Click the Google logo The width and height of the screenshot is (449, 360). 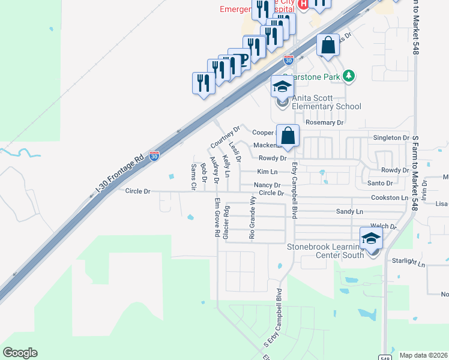[x=20, y=352]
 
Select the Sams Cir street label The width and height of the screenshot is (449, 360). [x=193, y=177]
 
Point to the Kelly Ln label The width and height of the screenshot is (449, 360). [x=226, y=166]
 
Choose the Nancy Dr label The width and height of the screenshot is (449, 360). [x=267, y=185]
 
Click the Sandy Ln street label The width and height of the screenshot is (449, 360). [x=349, y=212]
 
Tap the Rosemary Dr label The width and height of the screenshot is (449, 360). [x=324, y=122]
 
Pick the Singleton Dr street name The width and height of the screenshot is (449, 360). [x=387, y=138]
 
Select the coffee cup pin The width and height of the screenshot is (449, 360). [x=239, y=59]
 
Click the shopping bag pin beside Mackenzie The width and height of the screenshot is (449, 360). [x=288, y=137]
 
